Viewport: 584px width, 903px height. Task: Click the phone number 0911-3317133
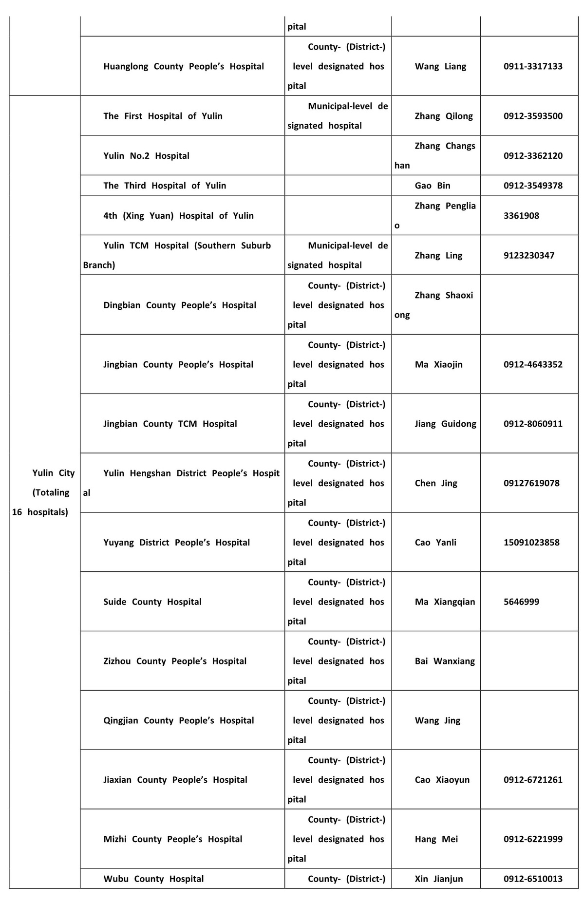[x=533, y=66]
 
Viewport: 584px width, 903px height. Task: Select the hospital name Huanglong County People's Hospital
[x=183, y=66]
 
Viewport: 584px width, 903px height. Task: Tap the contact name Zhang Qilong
[x=444, y=116]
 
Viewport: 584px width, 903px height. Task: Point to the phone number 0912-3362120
[x=533, y=156]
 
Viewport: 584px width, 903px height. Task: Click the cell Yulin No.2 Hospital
[x=146, y=156]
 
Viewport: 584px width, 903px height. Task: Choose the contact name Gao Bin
[x=433, y=186]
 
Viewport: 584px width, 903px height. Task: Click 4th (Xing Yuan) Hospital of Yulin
[x=178, y=216]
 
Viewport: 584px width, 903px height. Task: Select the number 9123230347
[x=529, y=256]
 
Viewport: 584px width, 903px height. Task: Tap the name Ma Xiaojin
[x=438, y=364]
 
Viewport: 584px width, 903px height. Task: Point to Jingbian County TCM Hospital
[x=170, y=424]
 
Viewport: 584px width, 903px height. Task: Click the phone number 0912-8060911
[x=533, y=424]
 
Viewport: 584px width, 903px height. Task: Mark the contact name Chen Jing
[x=436, y=483]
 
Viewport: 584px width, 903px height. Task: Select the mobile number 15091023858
[x=531, y=543]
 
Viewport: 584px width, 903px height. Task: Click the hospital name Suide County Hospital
[x=152, y=602]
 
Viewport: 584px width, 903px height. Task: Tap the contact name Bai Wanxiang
[x=445, y=661]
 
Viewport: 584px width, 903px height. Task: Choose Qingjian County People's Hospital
[x=178, y=720]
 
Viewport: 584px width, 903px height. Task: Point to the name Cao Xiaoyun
[x=442, y=780]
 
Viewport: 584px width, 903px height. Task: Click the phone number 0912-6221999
[x=533, y=839]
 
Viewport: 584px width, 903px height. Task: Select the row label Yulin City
[x=54, y=473]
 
